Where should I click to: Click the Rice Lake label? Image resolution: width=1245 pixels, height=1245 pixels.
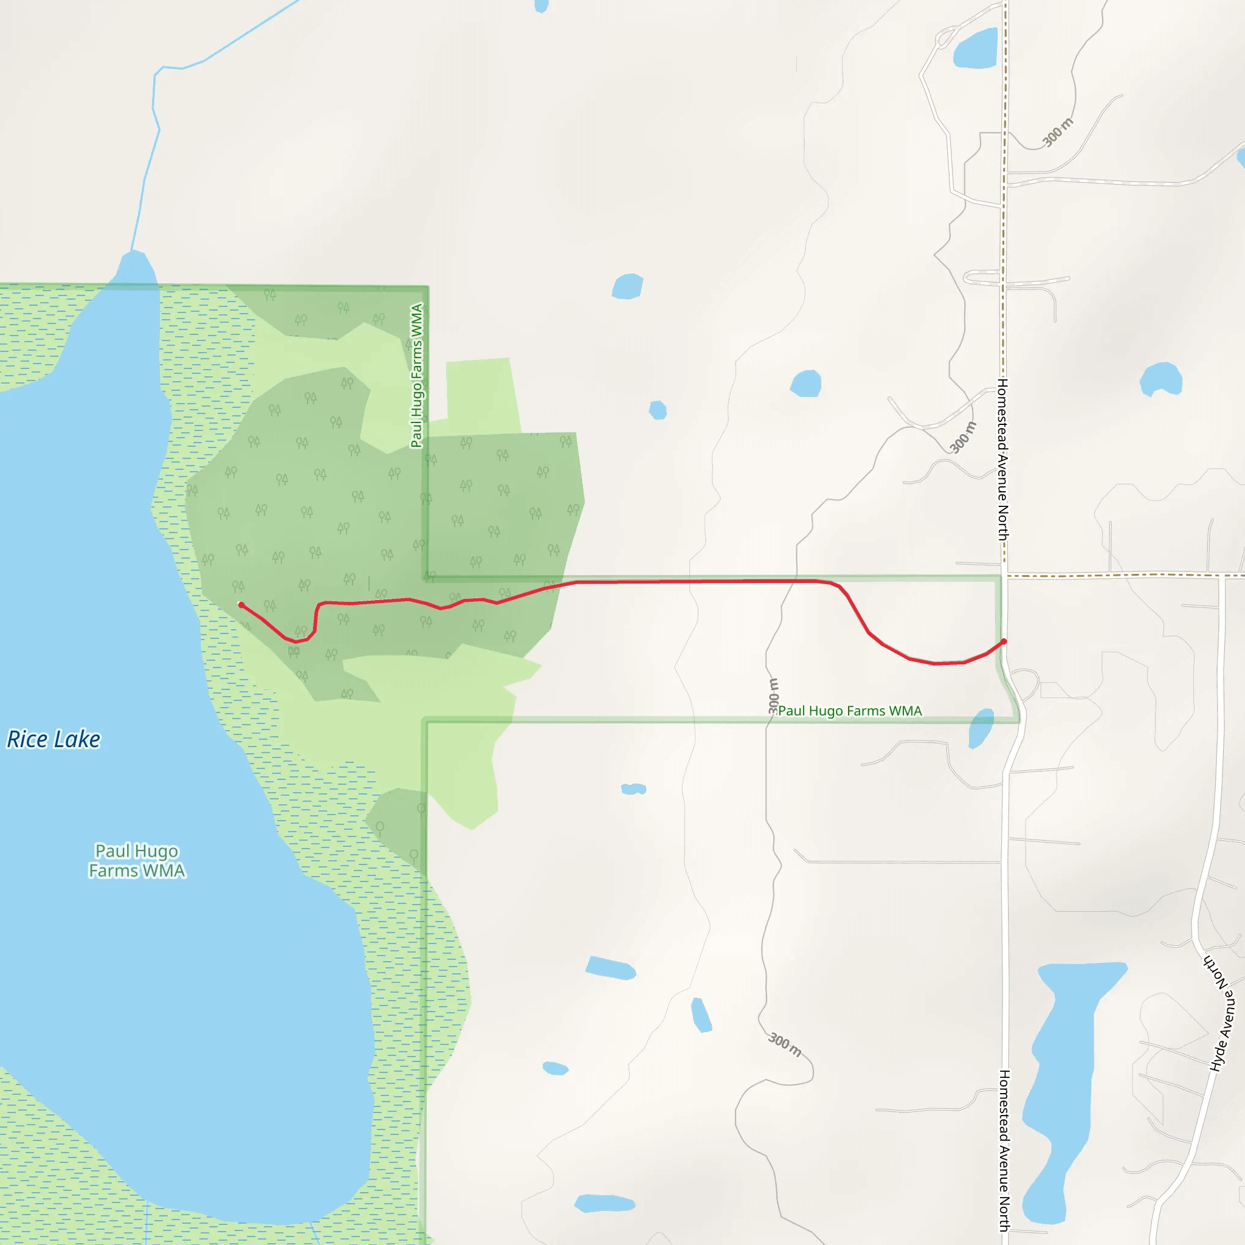point(53,739)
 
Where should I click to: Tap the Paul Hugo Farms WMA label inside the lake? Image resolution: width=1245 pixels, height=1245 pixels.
point(137,860)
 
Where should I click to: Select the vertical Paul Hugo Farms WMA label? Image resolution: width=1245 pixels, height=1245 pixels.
point(417,376)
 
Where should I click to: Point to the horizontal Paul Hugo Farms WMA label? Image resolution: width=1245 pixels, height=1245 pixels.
point(850,711)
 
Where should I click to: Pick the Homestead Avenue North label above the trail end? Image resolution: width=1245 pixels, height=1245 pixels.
point(1003,460)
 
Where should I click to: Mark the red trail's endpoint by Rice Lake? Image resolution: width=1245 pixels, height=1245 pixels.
point(241,604)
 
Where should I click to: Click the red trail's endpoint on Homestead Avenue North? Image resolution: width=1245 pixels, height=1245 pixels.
point(1003,642)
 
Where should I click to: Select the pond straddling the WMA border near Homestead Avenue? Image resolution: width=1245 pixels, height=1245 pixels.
point(981,728)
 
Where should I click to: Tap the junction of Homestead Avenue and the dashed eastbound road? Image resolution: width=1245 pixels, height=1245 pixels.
point(1004,576)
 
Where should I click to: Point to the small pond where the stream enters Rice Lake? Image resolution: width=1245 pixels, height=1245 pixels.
point(136,267)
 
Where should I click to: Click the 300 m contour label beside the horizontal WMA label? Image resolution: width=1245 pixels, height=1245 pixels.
point(773,696)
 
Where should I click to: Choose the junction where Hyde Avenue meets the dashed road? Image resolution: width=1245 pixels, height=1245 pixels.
point(1221,576)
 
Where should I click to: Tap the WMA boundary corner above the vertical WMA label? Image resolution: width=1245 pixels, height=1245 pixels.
point(427,287)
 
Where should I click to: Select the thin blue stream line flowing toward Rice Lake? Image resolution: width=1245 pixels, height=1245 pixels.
point(154,129)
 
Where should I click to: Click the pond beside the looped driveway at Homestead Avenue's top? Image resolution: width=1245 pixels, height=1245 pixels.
point(975,49)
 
